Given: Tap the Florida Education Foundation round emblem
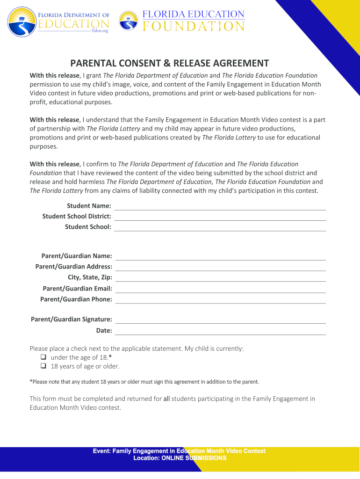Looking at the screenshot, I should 129,21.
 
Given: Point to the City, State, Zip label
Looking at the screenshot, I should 90,277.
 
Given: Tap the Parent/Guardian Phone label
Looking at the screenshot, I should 76,299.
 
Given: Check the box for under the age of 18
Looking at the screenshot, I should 43,358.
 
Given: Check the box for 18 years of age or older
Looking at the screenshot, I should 43,367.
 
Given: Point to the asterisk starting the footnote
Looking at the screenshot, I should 31,382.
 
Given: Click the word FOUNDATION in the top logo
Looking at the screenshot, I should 193,26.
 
